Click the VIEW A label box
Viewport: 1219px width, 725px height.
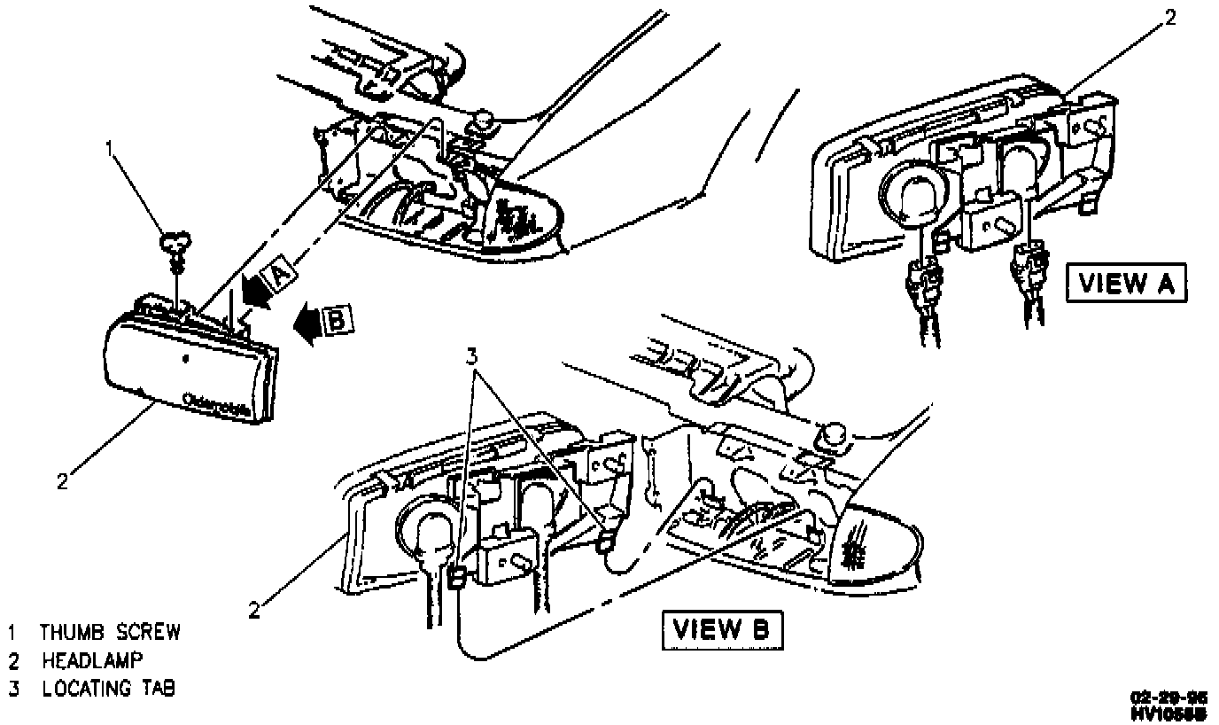coord(1125,284)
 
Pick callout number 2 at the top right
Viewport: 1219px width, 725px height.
coord(1170,17)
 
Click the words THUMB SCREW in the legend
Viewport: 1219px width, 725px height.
coord(110,632)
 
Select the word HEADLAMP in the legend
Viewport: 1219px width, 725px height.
coord(92,660)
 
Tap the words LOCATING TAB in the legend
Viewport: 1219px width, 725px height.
coord(107,688)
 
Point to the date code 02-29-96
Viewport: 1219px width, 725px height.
coord(1174,697)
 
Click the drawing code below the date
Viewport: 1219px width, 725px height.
coord(1174,712)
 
